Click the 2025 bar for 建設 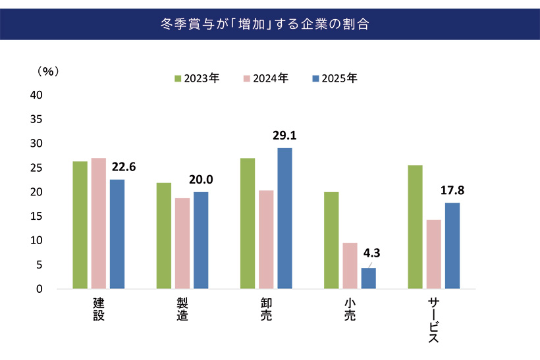click(x=117, y=234)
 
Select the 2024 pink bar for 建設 click(x=99, y=223)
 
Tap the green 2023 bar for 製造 click(x=164, y=236)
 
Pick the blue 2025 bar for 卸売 click(x=284, y=218)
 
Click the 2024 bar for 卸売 click(x=266, y=240)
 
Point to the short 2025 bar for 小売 click(x=368, y=278)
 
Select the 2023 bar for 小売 click(x=331, y=240)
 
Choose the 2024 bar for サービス click(x=434, y=254)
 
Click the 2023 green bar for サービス click(x=416, y=227)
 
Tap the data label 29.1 click(x=284, y=136)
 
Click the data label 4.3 click(x=373, y=251)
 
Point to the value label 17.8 click(x=452, y=191)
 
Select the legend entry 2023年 click(x=197, y=78)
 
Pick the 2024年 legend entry click(x=266, y=78)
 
